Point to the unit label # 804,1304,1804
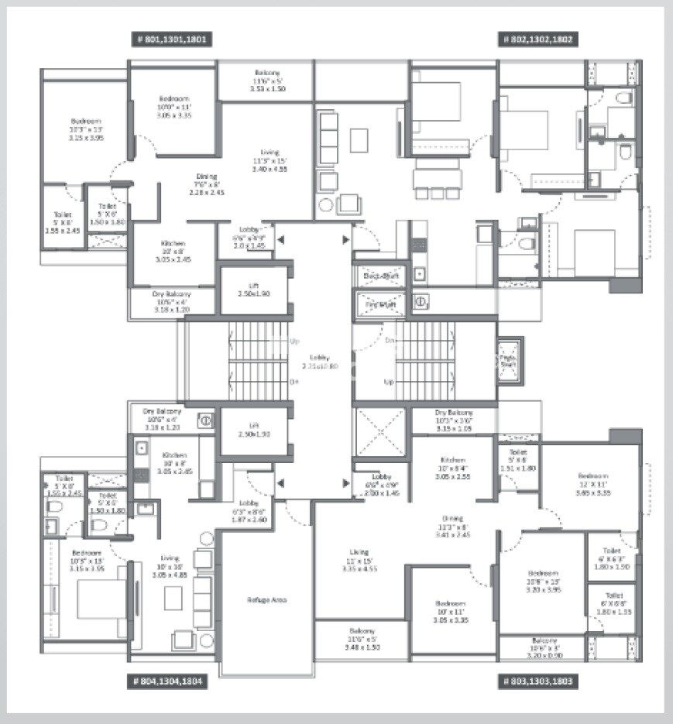click(167, 681)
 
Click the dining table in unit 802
click(437, 177)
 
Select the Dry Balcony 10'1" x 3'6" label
click(453, 418)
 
